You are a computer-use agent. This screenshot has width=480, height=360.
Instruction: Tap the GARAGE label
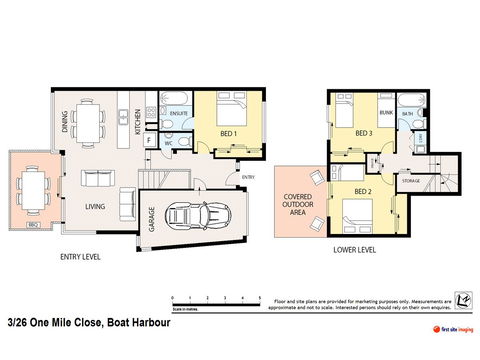tap(152, 219)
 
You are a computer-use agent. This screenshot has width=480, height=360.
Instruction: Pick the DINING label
tap(65, 121)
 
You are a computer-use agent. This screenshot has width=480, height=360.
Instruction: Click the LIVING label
tap(95, 207)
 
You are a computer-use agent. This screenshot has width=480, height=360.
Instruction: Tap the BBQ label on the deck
tap(33, 224)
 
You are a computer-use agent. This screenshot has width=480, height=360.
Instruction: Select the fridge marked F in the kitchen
tap(149, 141)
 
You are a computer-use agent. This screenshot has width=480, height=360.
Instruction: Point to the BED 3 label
tap(364, 132)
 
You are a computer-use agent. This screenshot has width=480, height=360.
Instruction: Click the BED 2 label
tap(363, 191)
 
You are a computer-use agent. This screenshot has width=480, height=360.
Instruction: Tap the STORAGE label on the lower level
tap(412, 180)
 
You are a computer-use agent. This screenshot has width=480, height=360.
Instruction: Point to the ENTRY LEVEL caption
tap(80, 258)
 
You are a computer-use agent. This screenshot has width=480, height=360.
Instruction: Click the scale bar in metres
tap(216, 300)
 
